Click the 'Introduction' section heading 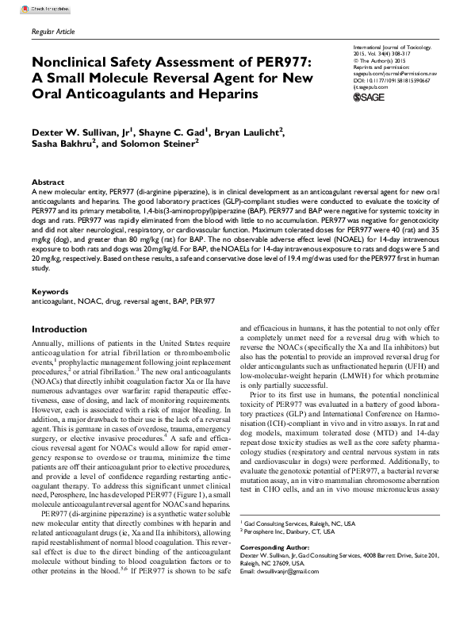64,307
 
